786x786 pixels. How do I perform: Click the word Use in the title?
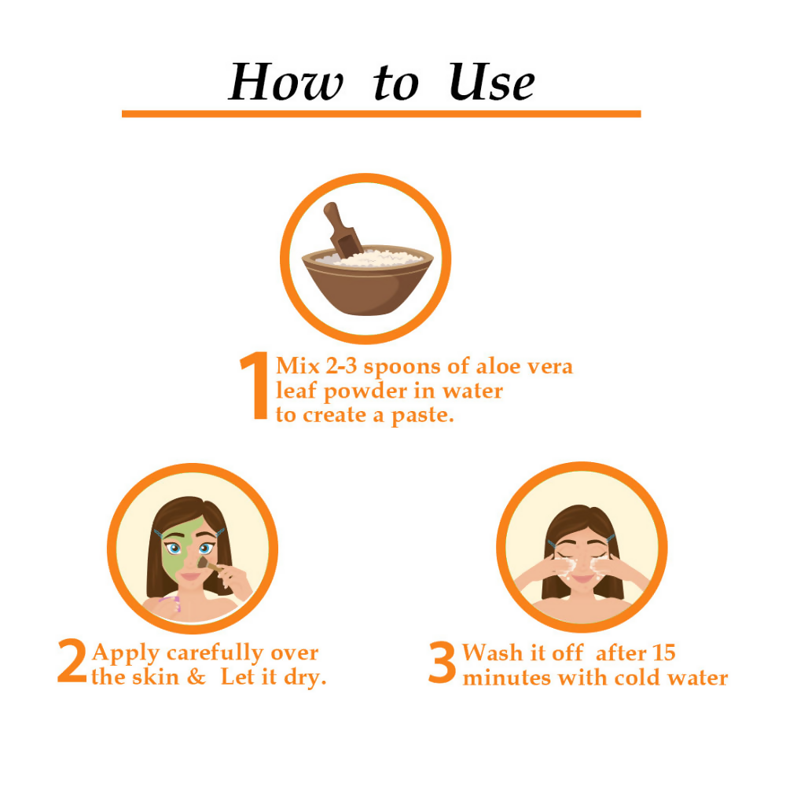click(492, 83)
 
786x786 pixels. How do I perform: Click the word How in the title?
click(286, 83)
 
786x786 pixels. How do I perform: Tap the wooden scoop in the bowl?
click(343, 230)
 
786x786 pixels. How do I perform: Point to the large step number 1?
click(256, 385)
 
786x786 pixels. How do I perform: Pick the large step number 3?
click(442, 662)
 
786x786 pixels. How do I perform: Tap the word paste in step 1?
click(422, 416)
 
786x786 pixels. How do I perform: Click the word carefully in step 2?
click(215, 653)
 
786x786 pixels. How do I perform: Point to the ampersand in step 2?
click(196, 677)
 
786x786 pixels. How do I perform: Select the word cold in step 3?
click(637, 678)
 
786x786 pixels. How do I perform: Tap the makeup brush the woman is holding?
click(211, 565)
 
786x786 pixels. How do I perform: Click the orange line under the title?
click(381, 114)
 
